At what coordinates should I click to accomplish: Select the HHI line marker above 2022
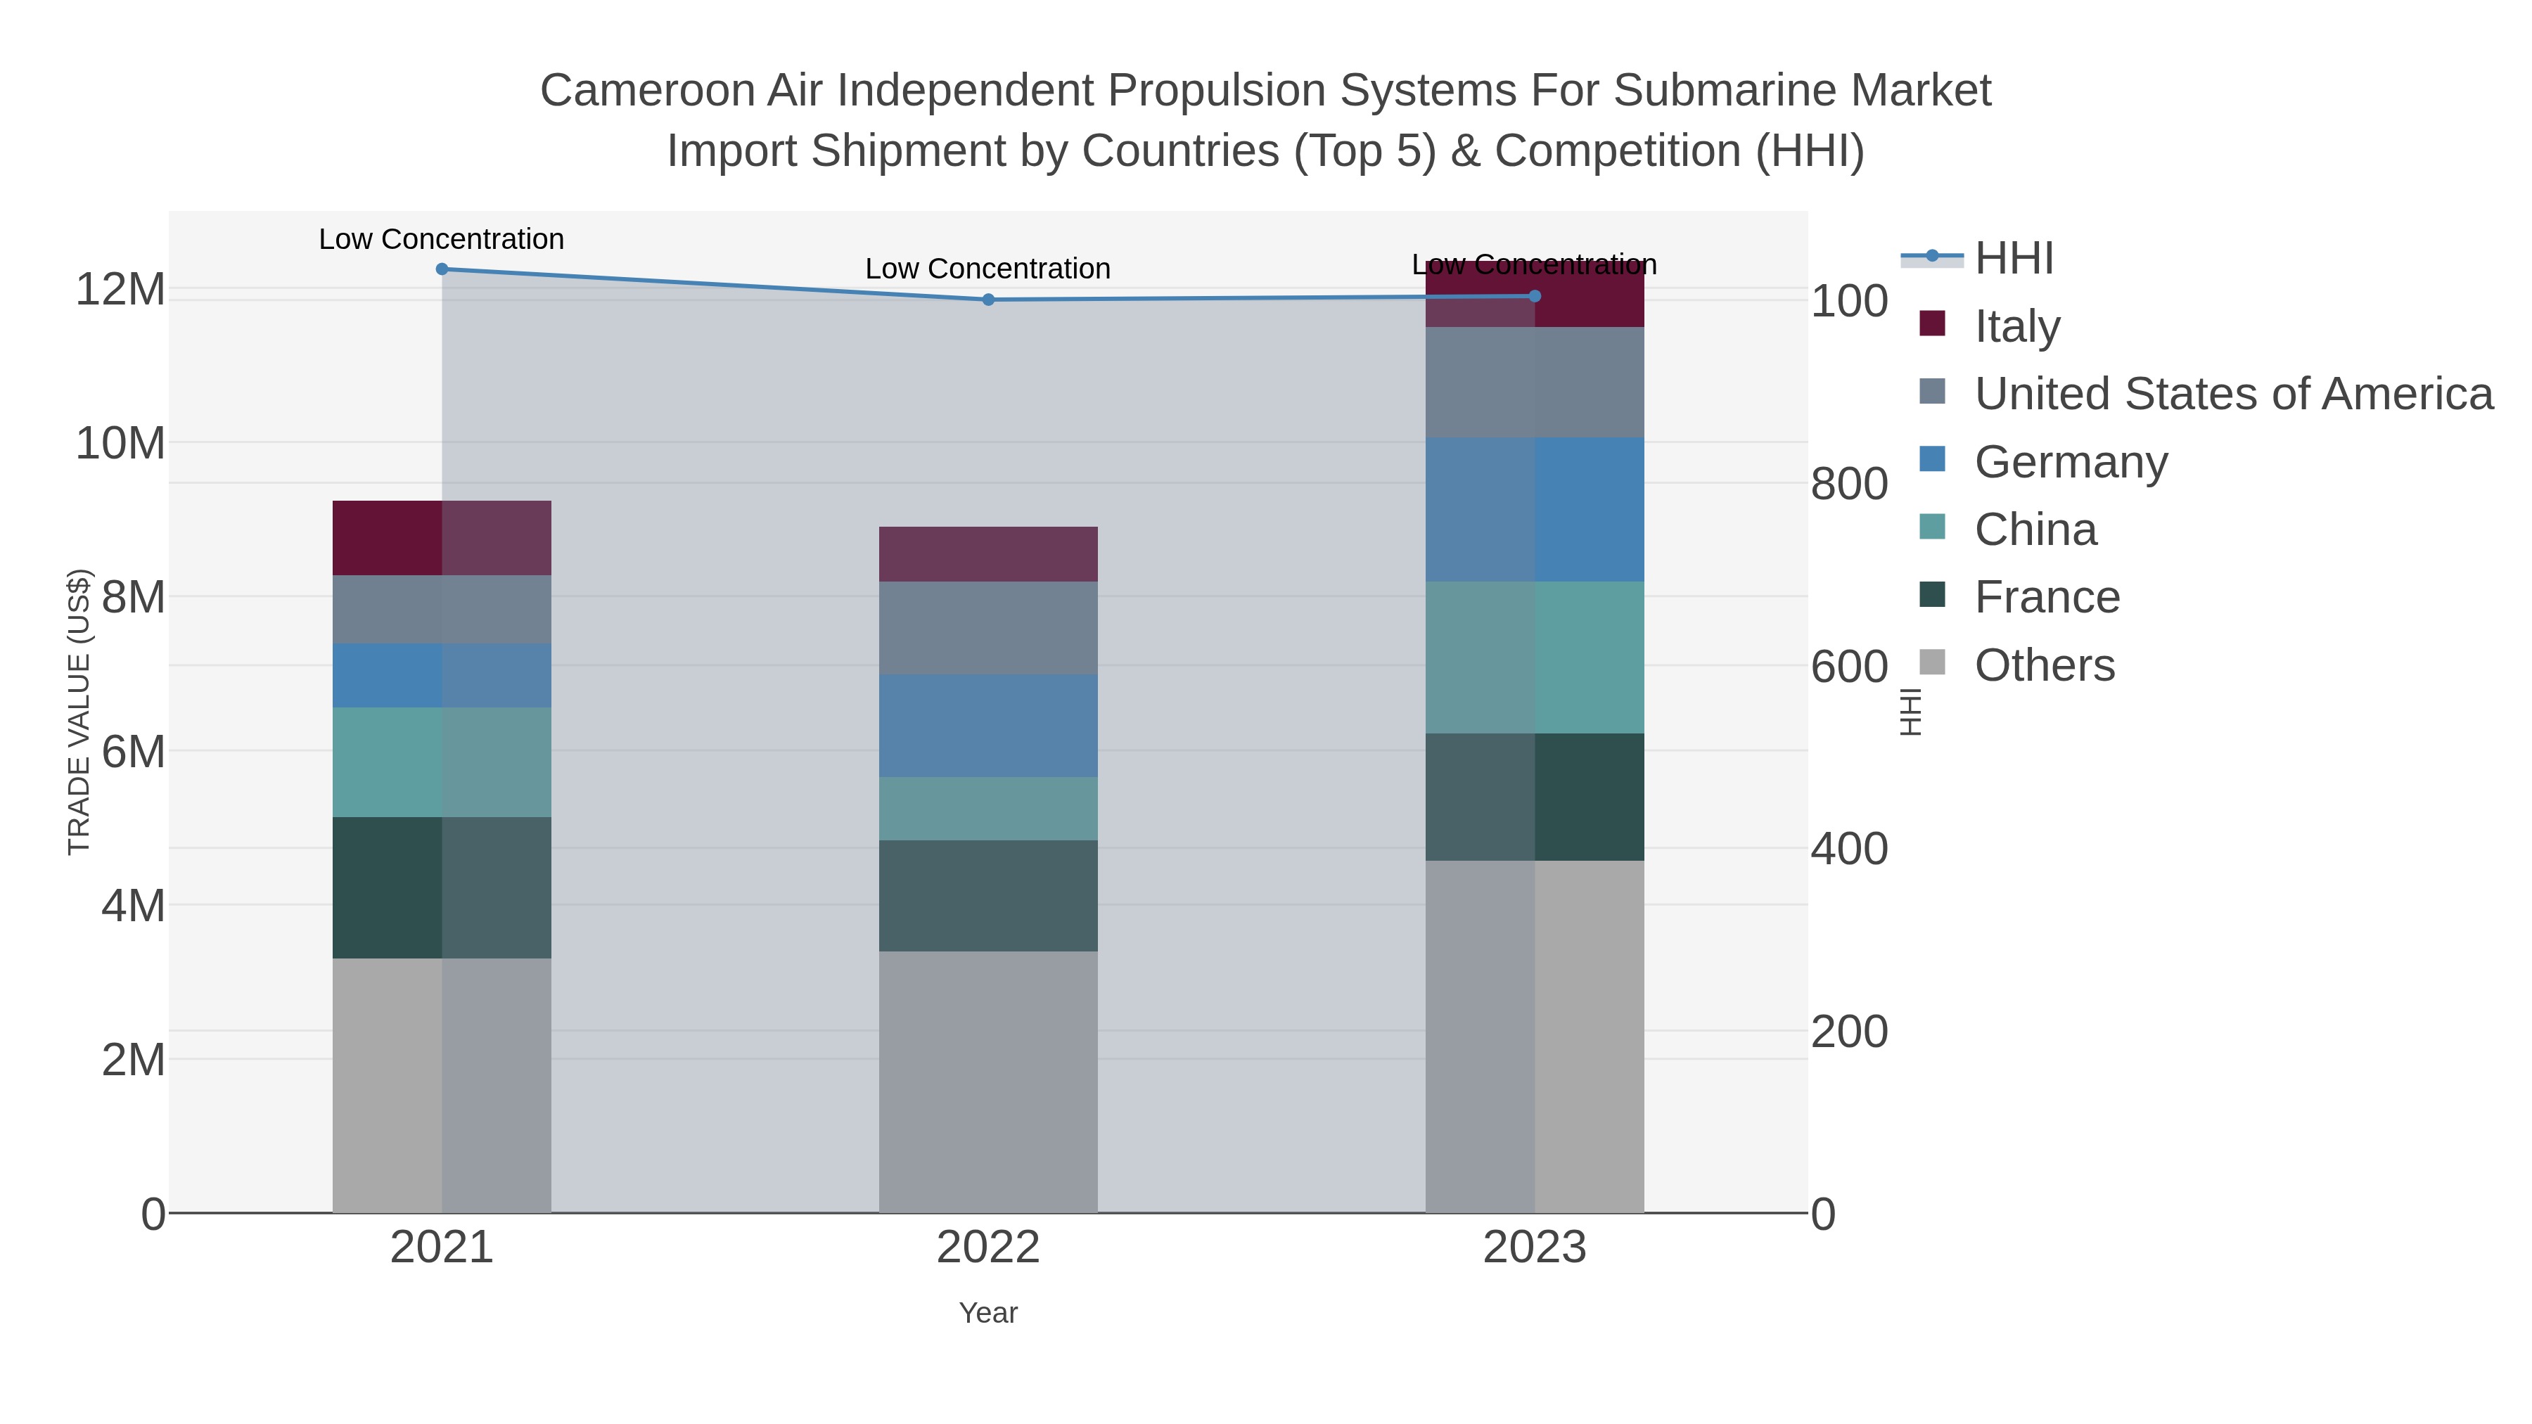[988, 300]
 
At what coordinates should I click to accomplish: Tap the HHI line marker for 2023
[1535, 296]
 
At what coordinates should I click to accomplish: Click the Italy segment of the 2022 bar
[988, 554]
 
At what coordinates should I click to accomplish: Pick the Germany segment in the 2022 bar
[988, 726]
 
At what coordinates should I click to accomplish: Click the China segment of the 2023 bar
[1535, 658]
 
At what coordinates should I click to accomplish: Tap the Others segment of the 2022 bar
[988, 1081]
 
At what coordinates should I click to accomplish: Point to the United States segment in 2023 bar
[1535, 383]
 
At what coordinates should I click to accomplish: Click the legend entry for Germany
[2070, 462]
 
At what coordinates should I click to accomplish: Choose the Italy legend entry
[2017, 326]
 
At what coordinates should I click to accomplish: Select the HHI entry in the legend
[2013, 259]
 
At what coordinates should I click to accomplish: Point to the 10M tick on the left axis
[120, 443]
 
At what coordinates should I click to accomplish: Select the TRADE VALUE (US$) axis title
[79, 712]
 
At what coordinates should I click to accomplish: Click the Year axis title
[988, 1313]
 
